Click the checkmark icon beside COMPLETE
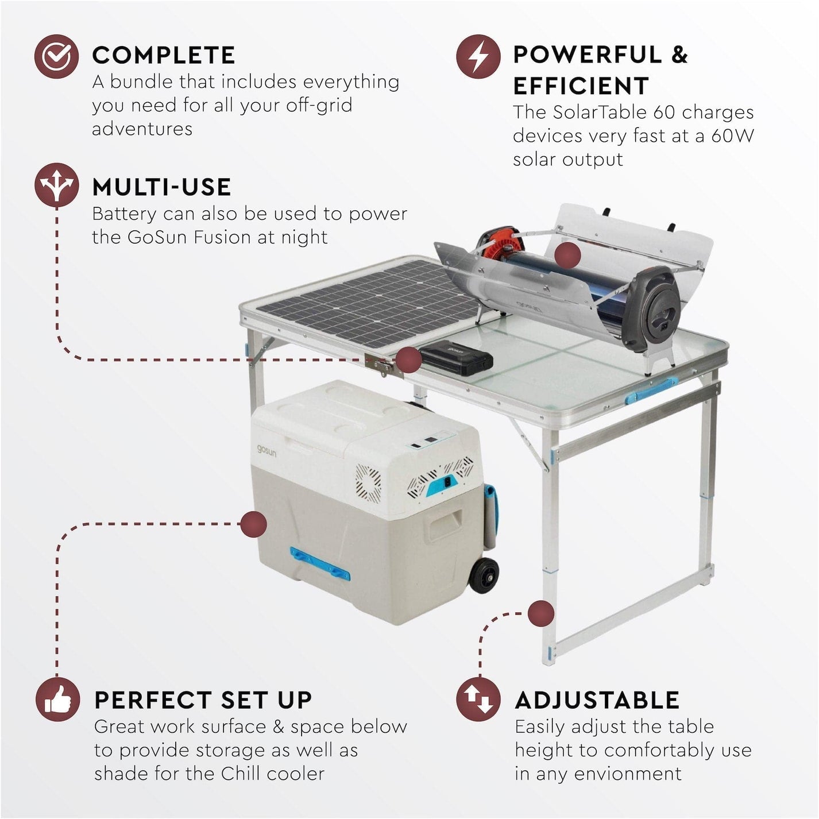[56, 56]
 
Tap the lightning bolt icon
[477, 56]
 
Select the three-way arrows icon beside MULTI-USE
[56, 185]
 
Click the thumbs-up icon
[57, 700]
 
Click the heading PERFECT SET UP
[203, 700]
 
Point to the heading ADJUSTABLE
[597, 700]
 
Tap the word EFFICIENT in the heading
[581, 86]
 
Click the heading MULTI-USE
[161, 187]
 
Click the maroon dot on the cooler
[253, 524]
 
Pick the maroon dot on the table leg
[540, 613]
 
